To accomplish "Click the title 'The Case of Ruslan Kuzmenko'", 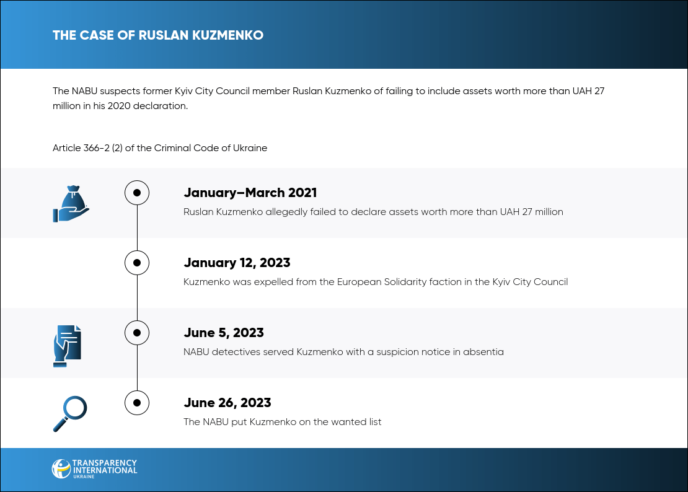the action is [x=158, y=35].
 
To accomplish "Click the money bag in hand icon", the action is [x=71, y=204].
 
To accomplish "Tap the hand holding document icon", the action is [x=68, y=346].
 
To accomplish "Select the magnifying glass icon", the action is [x=70, y=414].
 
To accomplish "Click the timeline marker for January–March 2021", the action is [x=137, y=193].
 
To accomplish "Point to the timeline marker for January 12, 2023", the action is [x=137, y=263].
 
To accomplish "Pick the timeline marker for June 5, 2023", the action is [x=137, y=333].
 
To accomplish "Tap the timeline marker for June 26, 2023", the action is [x=137, y=403].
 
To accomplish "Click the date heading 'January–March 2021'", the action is [x=250, y=193].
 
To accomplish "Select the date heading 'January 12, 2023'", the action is [x=237, y=263].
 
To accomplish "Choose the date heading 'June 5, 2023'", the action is [x=224, y=333].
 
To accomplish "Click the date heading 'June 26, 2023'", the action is [x=227, y=403].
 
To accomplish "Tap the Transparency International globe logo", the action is [x=61, y=468].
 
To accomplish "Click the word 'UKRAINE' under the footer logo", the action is [x=84, y=477].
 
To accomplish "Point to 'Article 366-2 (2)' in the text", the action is [x=88, y=148].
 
